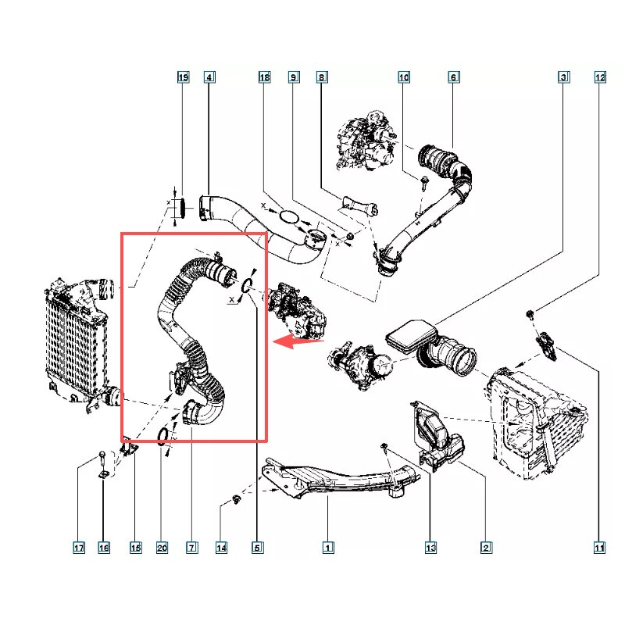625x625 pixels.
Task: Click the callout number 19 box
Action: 183,77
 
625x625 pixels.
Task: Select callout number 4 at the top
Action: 209,77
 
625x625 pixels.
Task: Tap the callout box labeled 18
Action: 265,77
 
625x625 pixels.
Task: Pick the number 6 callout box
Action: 454,77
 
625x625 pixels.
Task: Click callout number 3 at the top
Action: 563,77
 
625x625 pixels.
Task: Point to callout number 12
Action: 600,77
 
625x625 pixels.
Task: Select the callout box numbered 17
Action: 79,548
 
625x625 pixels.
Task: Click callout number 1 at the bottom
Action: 328,548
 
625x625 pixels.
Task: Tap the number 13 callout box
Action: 431,548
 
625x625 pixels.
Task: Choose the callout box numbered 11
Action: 599,548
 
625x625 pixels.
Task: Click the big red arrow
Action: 298,341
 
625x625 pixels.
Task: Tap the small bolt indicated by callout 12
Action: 530,314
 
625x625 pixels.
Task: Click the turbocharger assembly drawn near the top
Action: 366,141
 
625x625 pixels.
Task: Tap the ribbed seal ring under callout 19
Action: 183,207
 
